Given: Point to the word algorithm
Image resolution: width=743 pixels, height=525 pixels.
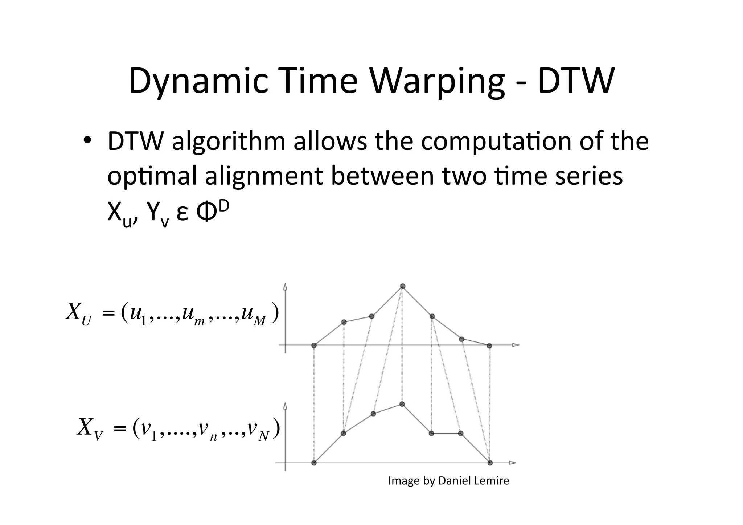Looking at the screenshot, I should click(229, 142).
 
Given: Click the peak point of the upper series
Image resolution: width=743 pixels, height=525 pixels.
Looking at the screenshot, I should click(402, 286).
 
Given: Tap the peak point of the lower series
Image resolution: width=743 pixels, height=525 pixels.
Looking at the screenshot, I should click(402, 404).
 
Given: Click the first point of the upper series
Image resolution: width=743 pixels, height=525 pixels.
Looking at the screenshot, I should click(314, 345).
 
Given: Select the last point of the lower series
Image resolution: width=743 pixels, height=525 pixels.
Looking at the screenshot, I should click(490, 463).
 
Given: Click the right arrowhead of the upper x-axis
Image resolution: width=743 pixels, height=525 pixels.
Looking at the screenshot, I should click(516, 345).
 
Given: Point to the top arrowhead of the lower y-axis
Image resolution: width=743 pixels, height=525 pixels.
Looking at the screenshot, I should click(285, 406).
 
